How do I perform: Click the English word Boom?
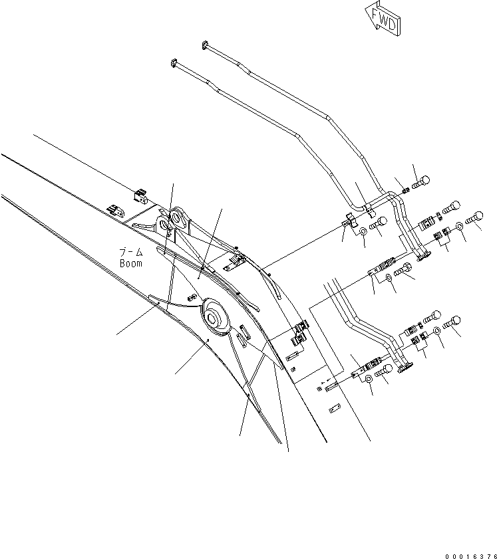[x=131, y=263]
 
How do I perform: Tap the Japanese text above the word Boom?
[x=130, y=253]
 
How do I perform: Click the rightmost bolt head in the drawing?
[x=476, y=217]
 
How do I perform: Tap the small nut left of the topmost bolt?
[x=406, y=190]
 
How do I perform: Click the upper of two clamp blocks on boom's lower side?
[x=300, y=327]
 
